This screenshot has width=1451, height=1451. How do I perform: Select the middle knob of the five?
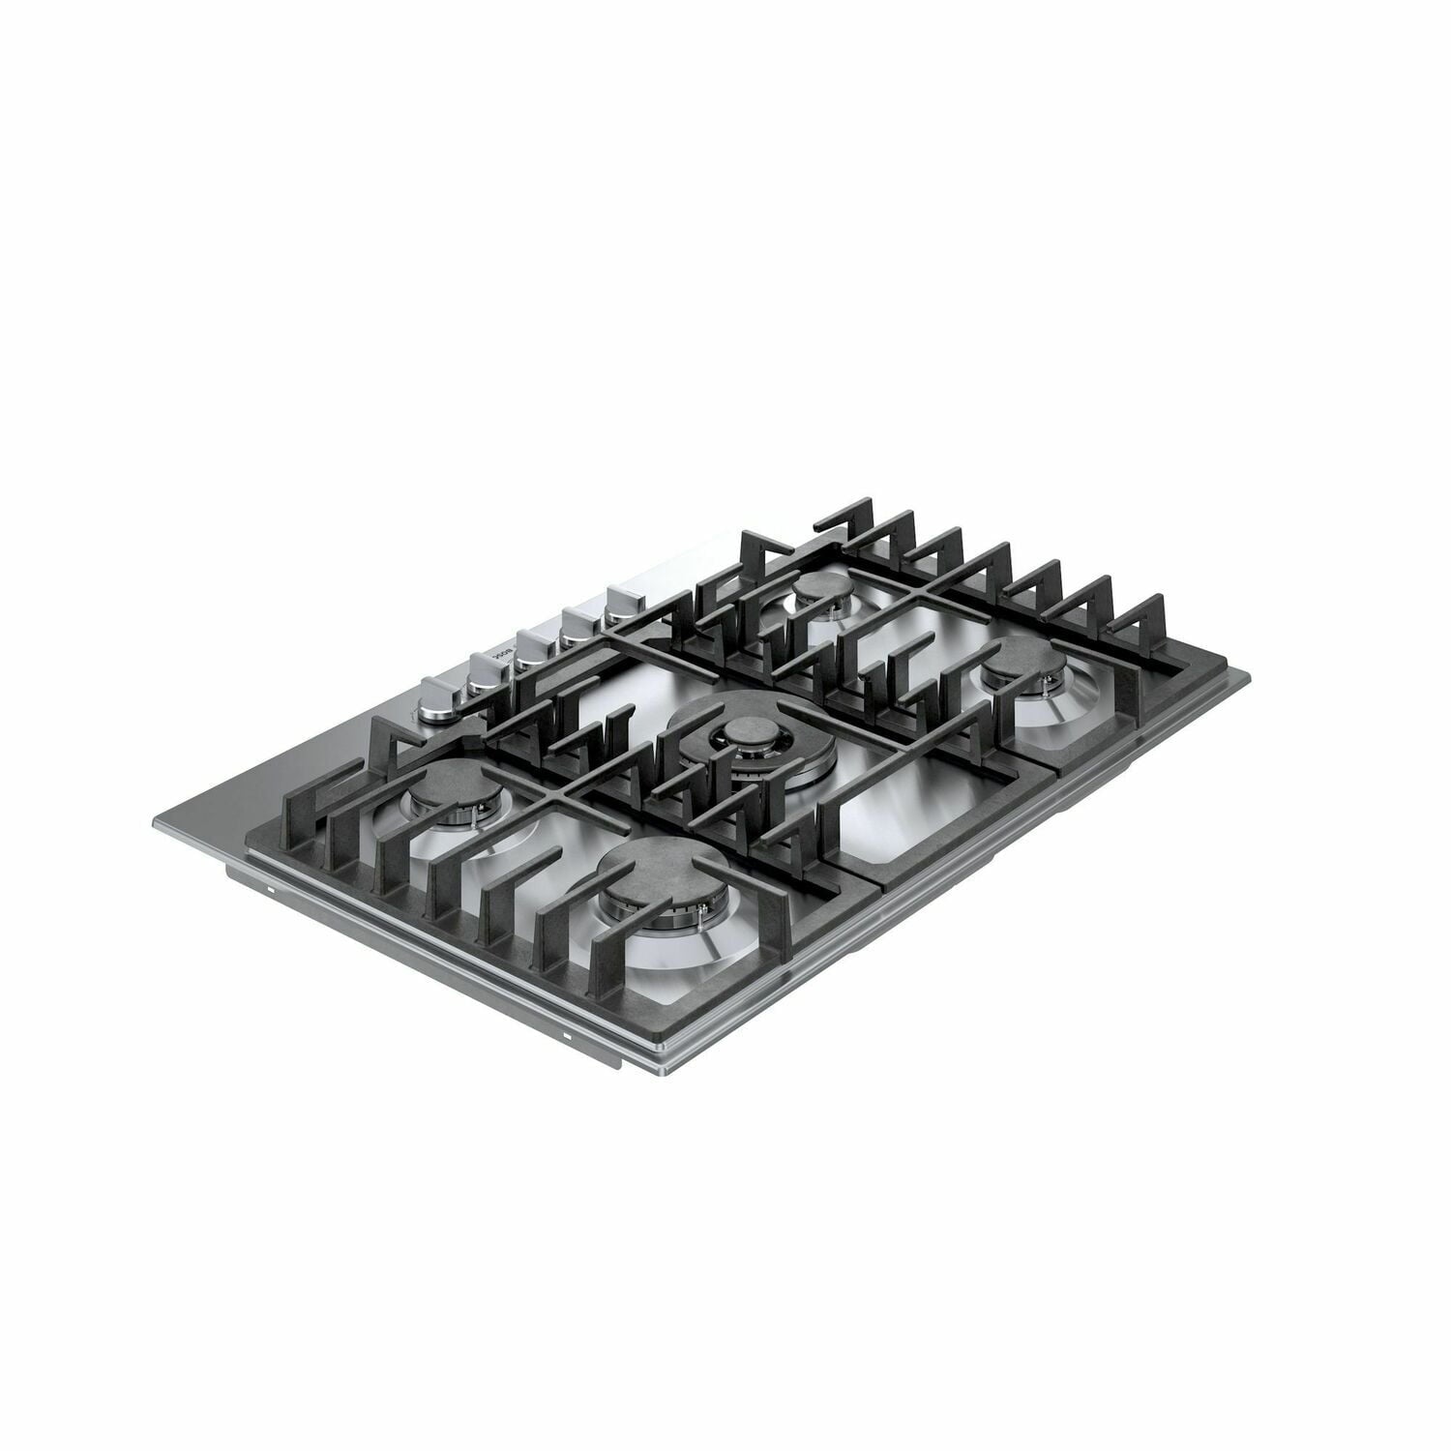pos(530,642)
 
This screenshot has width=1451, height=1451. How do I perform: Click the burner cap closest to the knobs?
pos(448,795)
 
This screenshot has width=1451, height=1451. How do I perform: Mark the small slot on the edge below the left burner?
pos(271,886)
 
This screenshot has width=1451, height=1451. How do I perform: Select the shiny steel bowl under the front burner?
pos(667,953)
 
